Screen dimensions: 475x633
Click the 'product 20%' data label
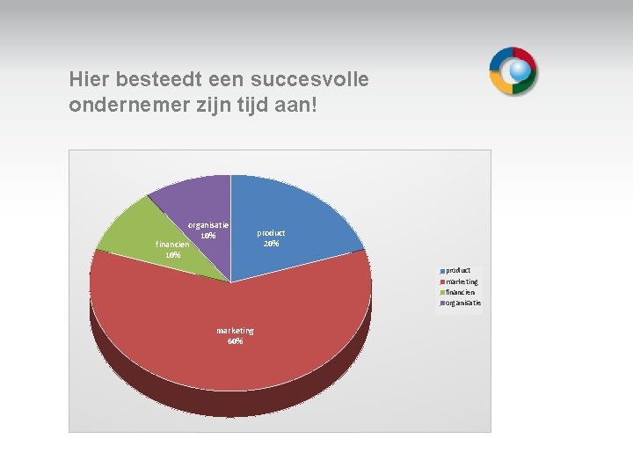pyautogui.click(x=271, y=238)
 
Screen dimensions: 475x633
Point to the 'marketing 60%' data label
pyautogui.click(x=235, y=336)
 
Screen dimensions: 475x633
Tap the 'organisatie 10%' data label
pyautogui.click(x=208, y=230)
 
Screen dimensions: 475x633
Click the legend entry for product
pyautogui.click(x=456, y=270)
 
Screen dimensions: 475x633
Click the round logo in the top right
pyautogui.click(x=513, y=71)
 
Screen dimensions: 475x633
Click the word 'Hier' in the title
pyautogui.click(x=86, y=80)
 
